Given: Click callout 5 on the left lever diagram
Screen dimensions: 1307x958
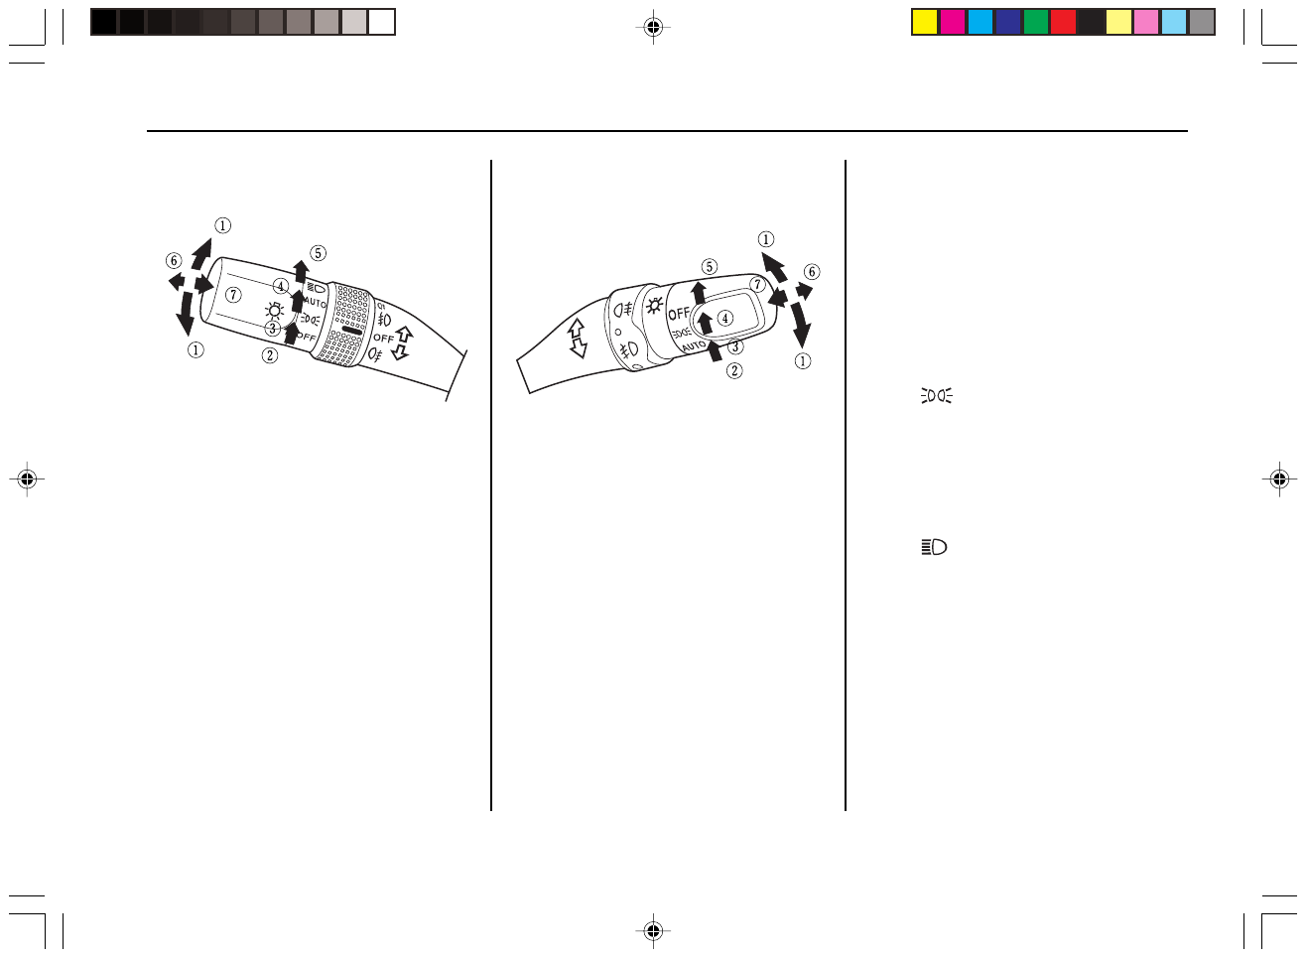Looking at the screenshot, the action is (318, 253).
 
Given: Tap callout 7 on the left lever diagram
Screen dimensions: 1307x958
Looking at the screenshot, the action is (233, 294).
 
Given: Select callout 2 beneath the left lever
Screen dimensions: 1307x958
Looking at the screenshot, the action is (270, 355).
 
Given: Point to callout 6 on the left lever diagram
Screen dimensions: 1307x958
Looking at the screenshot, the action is (174, 260).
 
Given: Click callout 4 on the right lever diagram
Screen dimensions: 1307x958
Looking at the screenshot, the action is (725, 318).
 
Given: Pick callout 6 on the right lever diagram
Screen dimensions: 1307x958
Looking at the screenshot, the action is (812, 271).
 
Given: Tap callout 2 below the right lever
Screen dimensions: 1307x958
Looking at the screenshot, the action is (734, 370).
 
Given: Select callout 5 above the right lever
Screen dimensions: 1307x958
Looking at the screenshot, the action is (709, 267).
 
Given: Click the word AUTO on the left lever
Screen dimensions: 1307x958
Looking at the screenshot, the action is (315, 303).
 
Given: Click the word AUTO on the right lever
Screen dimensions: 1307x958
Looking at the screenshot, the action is (694, 346).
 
